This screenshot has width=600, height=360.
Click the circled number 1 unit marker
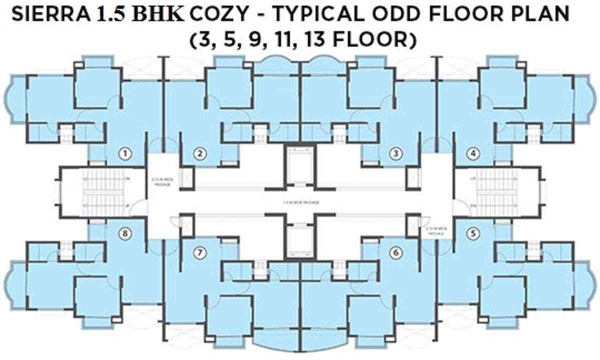pos(126,154)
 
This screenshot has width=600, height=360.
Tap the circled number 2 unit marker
pos(200,154)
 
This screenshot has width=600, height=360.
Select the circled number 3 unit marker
pos(396,154)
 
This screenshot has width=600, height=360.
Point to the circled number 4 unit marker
pos(473,154)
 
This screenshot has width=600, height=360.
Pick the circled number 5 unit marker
pos(473,233)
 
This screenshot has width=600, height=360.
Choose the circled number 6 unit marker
pos(396,253)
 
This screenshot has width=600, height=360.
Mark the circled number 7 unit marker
pos(200,253)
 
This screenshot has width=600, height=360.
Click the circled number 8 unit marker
pos(126,233)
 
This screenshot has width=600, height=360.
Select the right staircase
pos(496,192)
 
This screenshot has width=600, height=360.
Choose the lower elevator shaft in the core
pos(299,239)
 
